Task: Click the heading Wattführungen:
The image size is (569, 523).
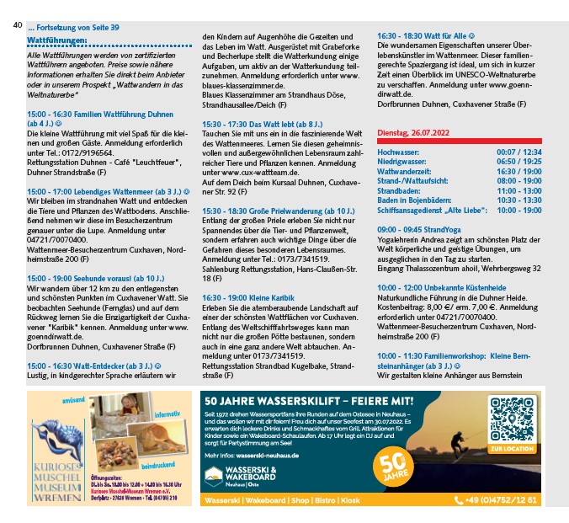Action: click(57, 40)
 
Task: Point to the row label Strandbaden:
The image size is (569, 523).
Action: click(401, 190)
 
